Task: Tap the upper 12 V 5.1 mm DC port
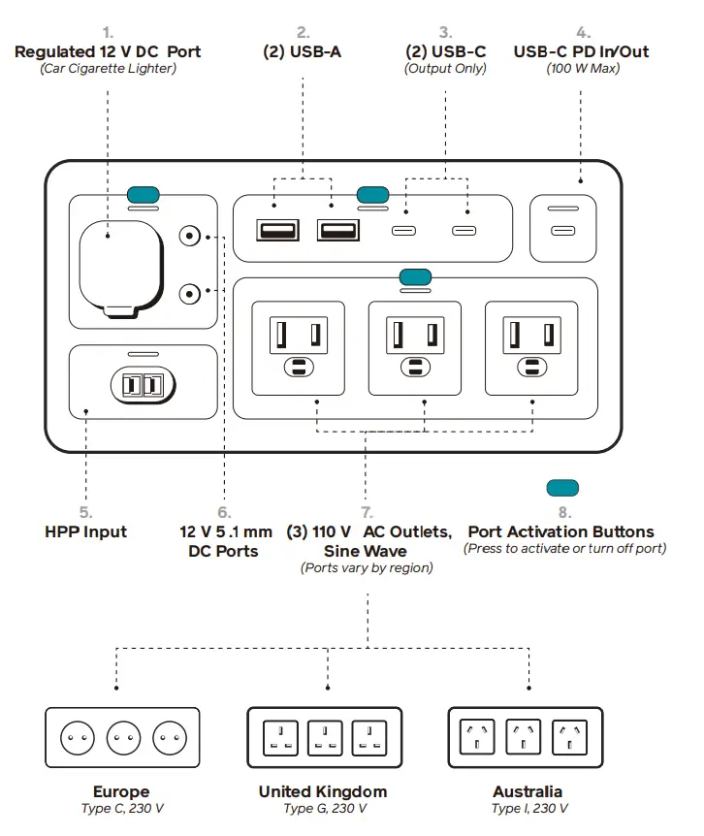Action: (x=191, y=236)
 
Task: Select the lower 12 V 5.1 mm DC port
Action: (x=191, y=291)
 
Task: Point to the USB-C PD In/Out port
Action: (x=562, y=231)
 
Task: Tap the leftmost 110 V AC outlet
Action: (x=298, y=347)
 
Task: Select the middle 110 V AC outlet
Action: (x=415, y=347)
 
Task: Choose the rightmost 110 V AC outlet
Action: (x=531, y=347)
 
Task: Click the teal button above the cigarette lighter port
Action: (x=144, y=190)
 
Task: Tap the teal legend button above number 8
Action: (x=563, y=487)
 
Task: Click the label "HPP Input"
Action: (x=85, y=531)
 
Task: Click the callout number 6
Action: (x=224, y=512)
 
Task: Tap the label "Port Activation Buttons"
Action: (x=560, y=531)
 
